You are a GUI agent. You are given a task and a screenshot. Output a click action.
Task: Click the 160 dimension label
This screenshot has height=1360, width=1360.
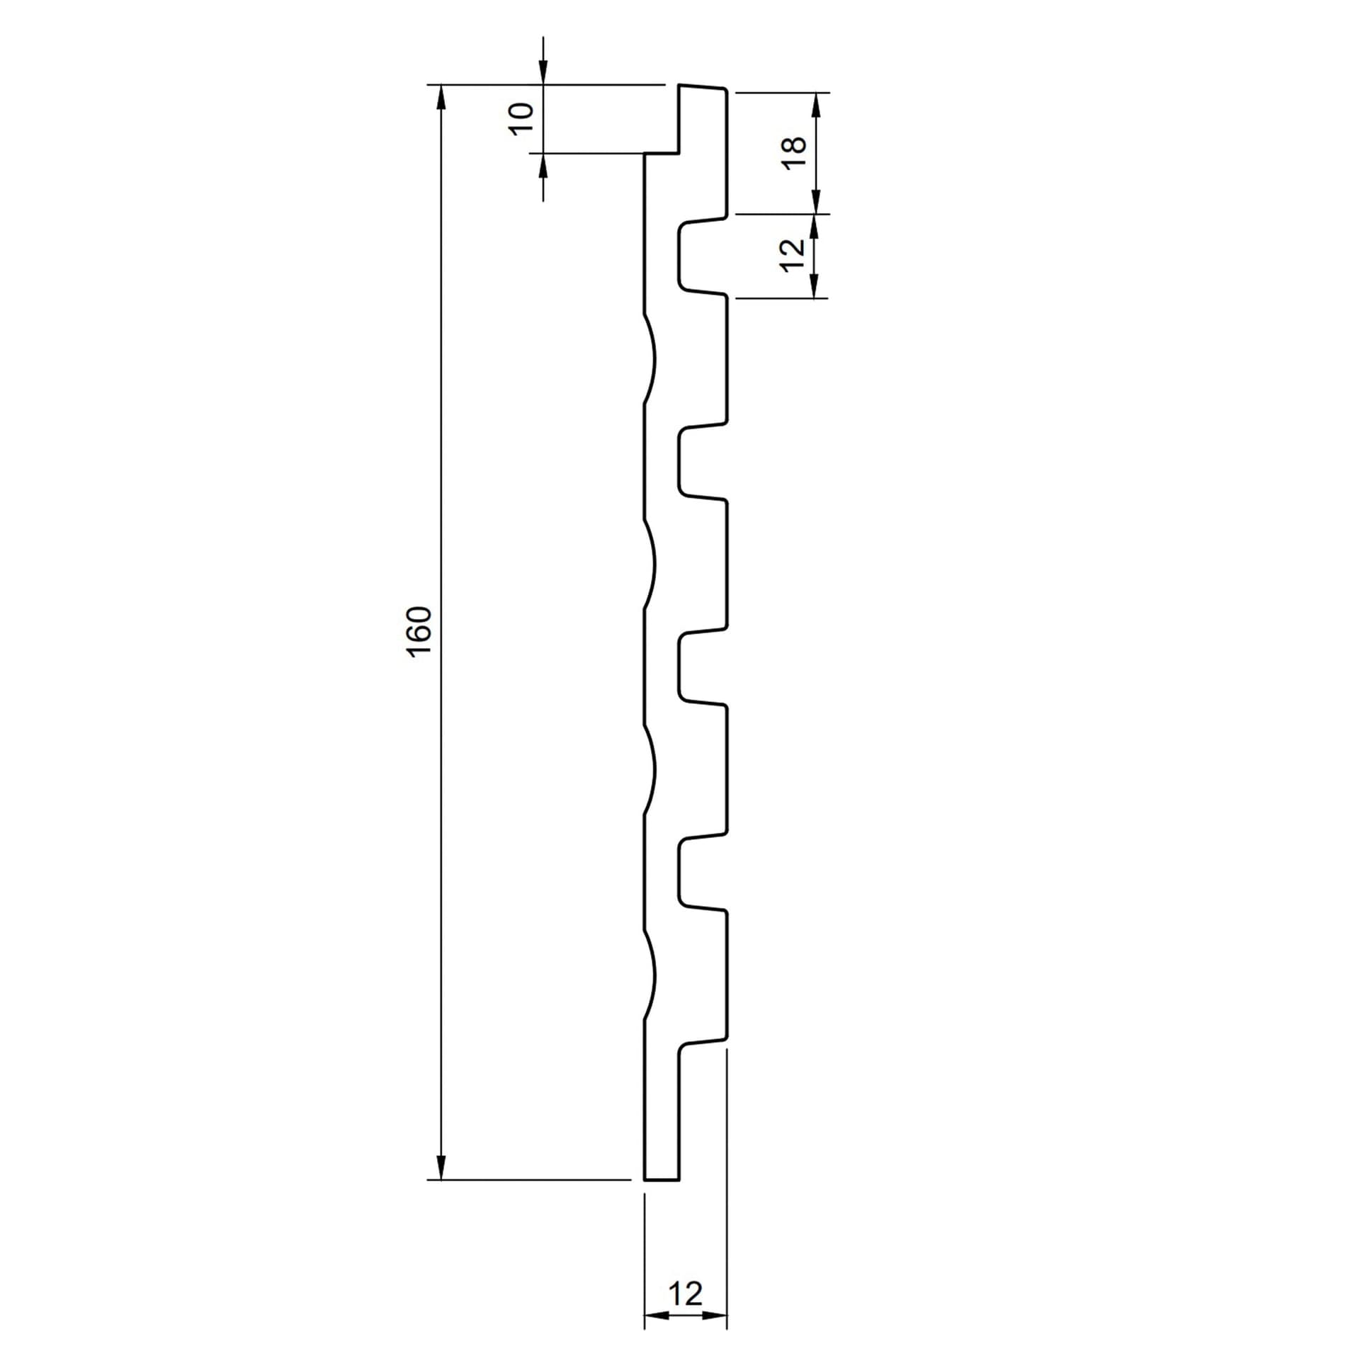tap(420, 632)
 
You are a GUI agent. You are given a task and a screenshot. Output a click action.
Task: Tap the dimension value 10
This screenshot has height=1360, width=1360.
tap(521, 119)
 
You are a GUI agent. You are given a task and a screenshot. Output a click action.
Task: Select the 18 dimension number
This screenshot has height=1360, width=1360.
tap(795, 152)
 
